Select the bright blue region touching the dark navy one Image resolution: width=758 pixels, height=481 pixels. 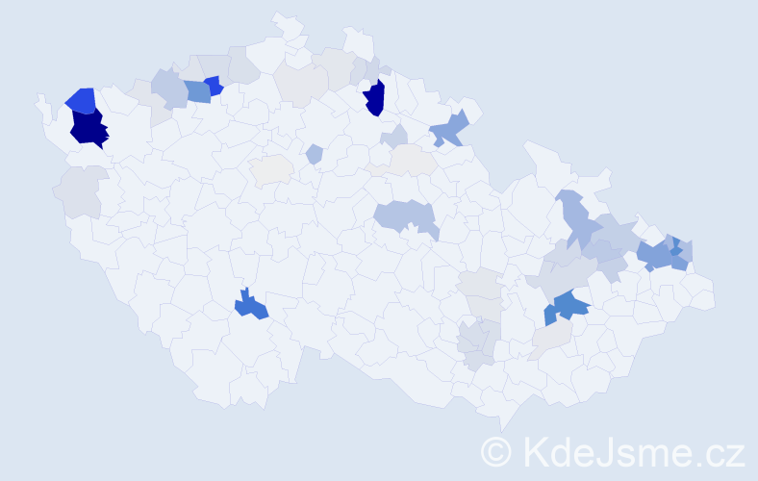[x=81, y=99]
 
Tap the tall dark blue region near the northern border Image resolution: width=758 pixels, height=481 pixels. [x=374, y=97]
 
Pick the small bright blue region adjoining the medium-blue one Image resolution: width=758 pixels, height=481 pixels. [x=214, y=86]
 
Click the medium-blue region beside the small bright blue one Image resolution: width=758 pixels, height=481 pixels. [x=197, y=91]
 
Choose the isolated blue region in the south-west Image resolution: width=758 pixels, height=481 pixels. [x=252, y=306]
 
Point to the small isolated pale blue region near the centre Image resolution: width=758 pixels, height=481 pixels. [x=314, y=154]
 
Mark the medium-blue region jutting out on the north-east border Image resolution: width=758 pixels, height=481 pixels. [x=449, y=129]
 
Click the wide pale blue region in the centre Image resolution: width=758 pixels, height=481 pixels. [x=404, y=215]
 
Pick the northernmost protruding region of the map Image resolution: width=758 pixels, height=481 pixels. [x=285, y=21]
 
